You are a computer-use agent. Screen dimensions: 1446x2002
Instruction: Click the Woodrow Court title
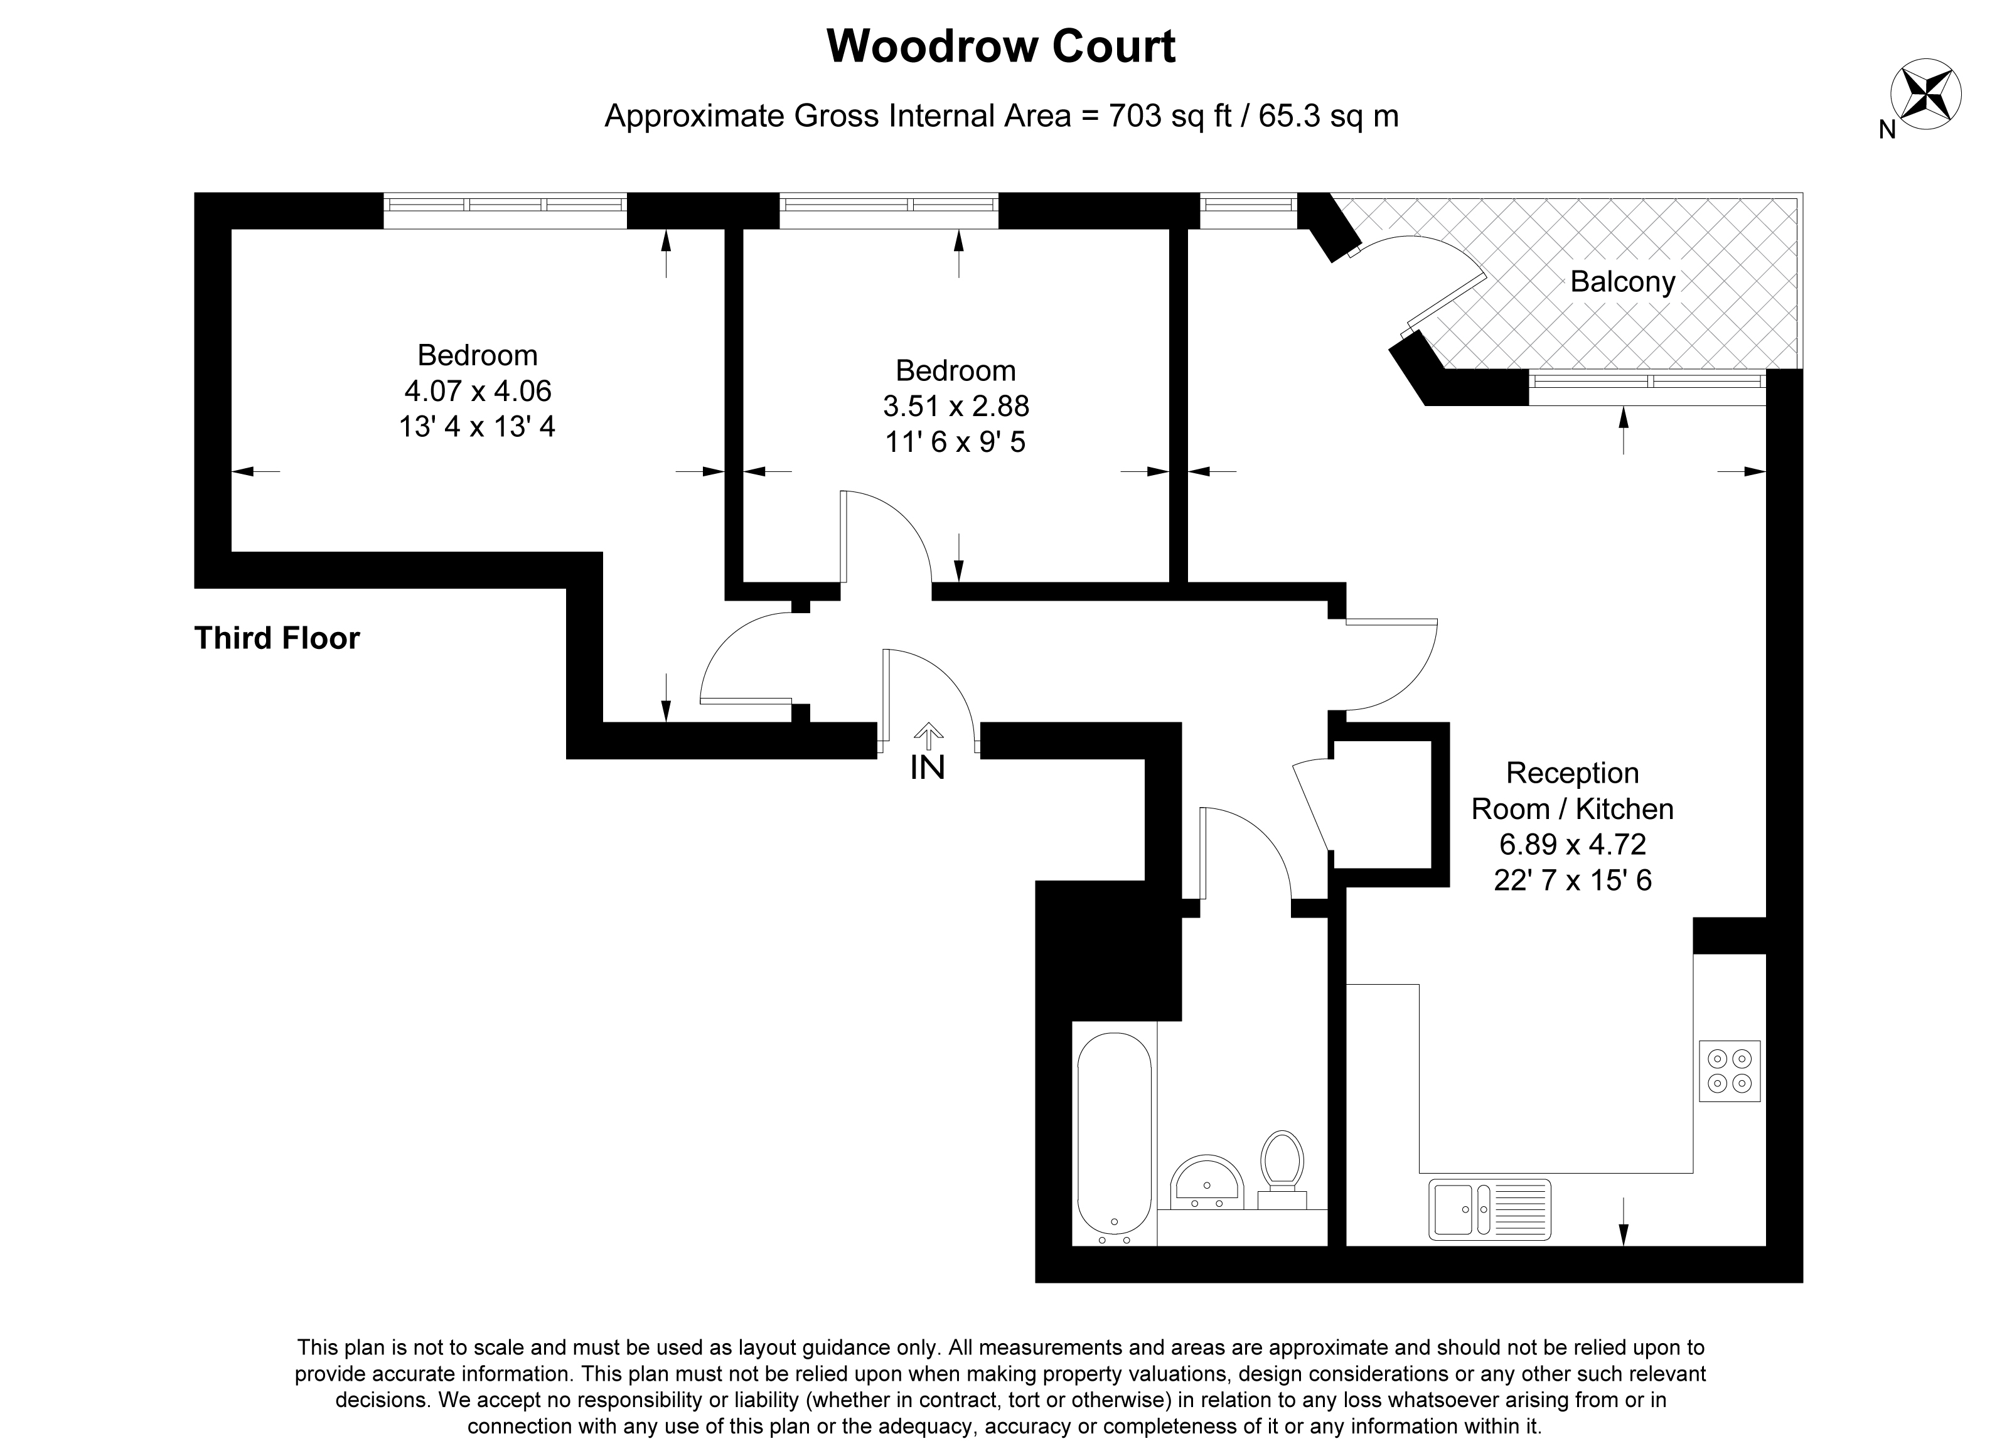pyautogui.click(x=1000, y=47)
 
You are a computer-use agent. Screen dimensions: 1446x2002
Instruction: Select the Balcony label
pyautogui.click(x=1622, y=282)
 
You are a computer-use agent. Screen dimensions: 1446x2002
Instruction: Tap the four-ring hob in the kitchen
pyautogui.click(x=1729, y=1070)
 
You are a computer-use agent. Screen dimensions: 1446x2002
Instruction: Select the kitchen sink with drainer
pyautogui.click(x=1489, y=1209)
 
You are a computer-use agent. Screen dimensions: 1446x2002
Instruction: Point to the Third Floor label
pyautogui.click(x=276, y=638)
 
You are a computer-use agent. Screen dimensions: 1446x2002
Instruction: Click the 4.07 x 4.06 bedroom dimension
pyautogui.click(x=478, y=390)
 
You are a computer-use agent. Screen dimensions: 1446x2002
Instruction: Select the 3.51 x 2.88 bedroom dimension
pyautogui.click(x=956, y=405)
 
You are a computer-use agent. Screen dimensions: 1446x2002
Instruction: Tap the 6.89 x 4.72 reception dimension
pyautogui.click(x=1572, y=844)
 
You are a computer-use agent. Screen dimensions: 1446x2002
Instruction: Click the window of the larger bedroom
pyautogui.click(x=505, y=205)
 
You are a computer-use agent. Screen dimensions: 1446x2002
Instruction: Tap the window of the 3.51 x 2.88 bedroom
pyautogui.click(x=889, y=205)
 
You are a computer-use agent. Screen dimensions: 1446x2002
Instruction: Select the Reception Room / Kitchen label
pyautogui.click(x=1572, y=790)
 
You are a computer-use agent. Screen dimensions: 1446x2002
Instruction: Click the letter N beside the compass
pyautogui.click(x=1887, y=130)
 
